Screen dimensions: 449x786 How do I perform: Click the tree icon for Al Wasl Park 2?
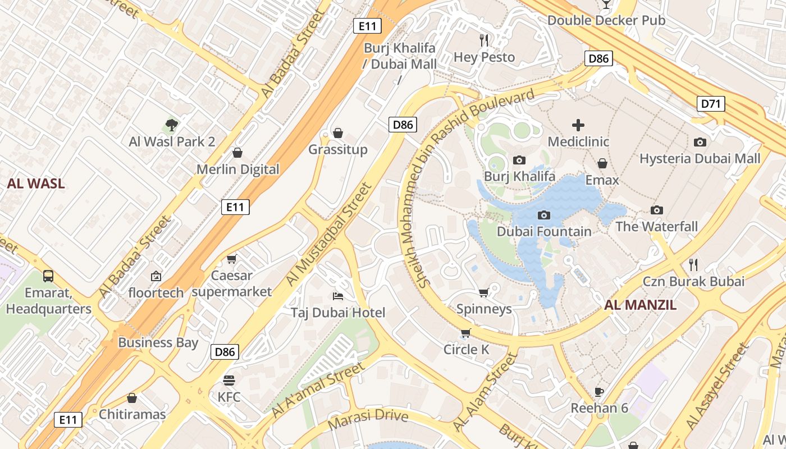click(x=172, y=125)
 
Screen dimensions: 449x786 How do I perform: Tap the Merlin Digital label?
click(x=237, y=169)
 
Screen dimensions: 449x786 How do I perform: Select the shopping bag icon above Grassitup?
click(x=338, y=133)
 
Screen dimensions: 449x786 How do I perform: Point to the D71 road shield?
click(x=711, y=103)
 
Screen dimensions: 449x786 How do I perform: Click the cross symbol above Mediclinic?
click(x=578, y=125)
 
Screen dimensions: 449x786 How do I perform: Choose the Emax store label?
click(x=602, y=180)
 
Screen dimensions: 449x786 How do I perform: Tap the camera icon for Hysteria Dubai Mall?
click(x=700, y=143)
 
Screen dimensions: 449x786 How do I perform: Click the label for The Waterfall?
click(x=656, y=226)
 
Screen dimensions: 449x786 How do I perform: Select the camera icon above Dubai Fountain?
click(x=543, y=215)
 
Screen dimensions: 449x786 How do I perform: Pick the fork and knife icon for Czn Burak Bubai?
click(x=693, y=264)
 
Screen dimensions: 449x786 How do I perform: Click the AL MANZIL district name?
click(x=640, y=305)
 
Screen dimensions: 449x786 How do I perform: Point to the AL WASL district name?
click(x=36, y=183)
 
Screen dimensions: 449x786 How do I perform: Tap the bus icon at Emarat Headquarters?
click(x=48, y=276)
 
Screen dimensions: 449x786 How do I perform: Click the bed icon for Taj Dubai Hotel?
click(x=338, y=296)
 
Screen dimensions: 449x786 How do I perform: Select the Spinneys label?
click(x=484, y=309)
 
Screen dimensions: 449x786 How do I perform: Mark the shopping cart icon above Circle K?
click(x=465, y=334)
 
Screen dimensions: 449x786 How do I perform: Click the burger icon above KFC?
click(x=229, y=380)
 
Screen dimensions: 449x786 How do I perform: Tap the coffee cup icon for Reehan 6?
click(x=599, y=391)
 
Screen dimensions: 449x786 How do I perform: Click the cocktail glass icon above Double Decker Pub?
click(x=606, y=4)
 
